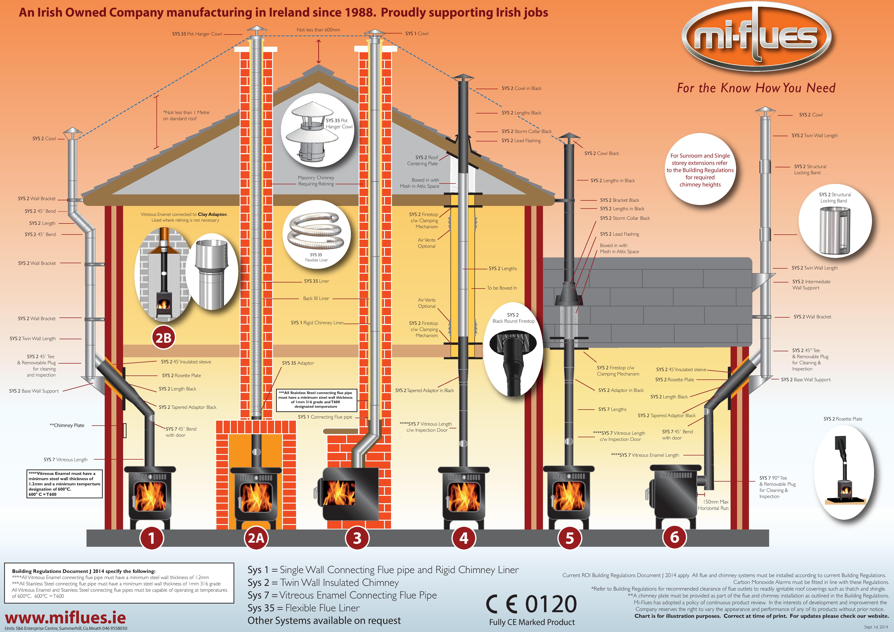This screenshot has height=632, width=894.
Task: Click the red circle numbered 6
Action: coord(674,537)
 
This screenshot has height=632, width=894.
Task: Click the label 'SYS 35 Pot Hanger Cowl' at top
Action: coord(197,34)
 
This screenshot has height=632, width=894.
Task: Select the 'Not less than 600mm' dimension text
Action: coord(318,30)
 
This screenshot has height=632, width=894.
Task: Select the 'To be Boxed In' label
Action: coord(502,288)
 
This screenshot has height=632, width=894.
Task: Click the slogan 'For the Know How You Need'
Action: coord(756,88)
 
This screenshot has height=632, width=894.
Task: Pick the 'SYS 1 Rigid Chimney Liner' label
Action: coord(317,323)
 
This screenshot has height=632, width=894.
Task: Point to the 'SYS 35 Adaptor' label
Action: coord(298,363)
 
